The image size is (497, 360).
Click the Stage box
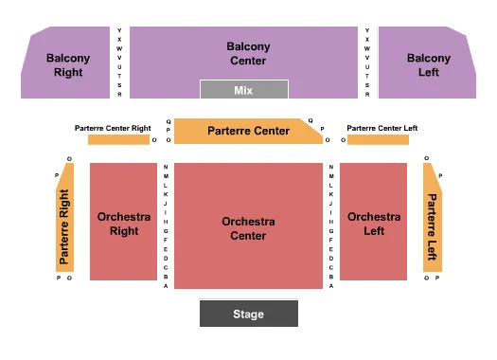[248, 314]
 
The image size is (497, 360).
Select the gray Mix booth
[243, 90]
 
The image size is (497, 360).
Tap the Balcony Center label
[248, 53]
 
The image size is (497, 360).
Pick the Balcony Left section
[428, 64]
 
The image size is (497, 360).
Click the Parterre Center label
[248, 131]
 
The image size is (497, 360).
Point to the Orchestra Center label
[248, 228]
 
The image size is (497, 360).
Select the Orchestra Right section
[123, 224]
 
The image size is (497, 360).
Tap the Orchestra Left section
[373, 224]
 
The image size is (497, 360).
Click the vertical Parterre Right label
[64, 226]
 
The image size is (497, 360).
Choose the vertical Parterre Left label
[432, 227]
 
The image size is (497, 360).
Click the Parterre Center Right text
[113, 128]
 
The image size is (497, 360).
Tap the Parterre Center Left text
[382, 128]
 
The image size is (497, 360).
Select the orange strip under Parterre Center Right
[117, 140]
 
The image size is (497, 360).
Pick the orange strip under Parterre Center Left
[378, 140]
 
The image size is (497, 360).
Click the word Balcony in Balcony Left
[428, 58]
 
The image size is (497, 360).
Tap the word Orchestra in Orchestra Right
[123, 217]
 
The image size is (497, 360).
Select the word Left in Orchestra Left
[373, 230]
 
